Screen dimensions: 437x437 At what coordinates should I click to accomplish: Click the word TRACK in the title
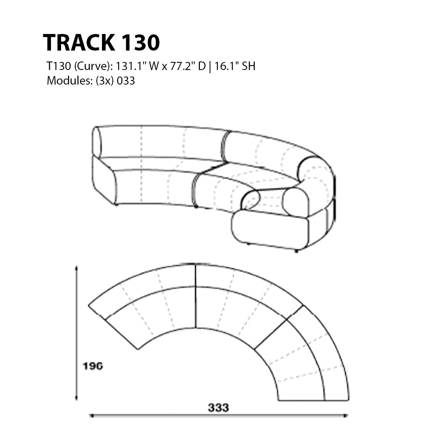(79, 42)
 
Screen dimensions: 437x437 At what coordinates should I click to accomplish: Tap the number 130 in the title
(140, 42)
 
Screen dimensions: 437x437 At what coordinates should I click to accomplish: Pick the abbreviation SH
(248, 66)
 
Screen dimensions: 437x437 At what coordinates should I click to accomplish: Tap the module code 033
(126, 81)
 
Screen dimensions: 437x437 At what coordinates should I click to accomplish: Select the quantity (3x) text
(104, 81)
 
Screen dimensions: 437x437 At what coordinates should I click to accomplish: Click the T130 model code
(59, 66)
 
